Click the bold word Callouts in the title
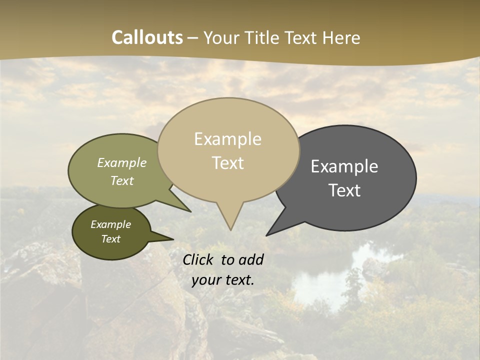pos(147,37)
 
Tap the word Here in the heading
pos(342,38)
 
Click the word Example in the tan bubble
pos(227,139)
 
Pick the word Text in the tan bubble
pos(227,163)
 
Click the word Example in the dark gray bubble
pos(344,166)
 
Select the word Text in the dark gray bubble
pos(344,190)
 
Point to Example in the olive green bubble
pos(122,163)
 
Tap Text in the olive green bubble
pos(122,181)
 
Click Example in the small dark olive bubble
pos(110,224)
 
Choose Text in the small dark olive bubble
pos(110,239)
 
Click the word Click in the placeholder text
pos(199,259)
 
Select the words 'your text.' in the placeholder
pos(222,280)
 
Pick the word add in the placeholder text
pos(251,259)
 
